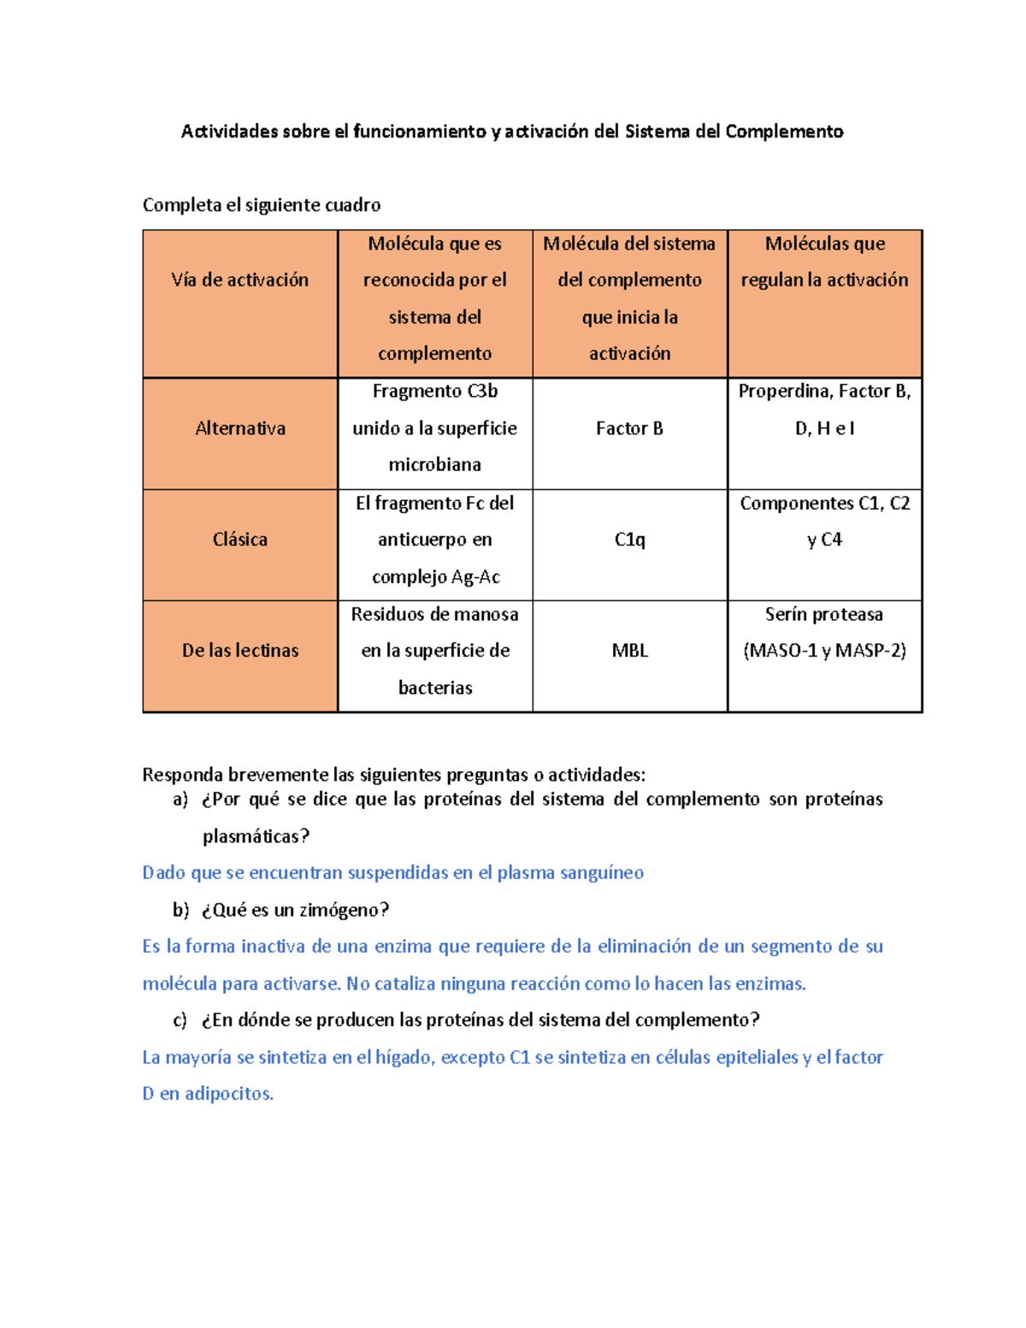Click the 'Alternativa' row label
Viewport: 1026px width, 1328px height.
[x=240, y=428]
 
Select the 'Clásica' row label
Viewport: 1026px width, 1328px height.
[x=240, y=540]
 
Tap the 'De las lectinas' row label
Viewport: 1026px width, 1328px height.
[x=240, y=651]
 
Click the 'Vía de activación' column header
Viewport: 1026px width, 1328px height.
[x=240, y=280]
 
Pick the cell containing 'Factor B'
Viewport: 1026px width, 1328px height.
[x=630, y=428]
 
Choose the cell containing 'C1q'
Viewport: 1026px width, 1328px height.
[x=630, y=540]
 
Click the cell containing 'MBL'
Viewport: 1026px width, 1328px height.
[x=630, y=651]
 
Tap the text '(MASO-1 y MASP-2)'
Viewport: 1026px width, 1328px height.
[x=825, y=651]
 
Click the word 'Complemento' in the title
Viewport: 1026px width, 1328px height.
[x=784, y=131]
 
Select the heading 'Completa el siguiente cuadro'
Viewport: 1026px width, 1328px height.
[x=262, y=205]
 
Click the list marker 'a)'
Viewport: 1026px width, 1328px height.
[x=180, y=800]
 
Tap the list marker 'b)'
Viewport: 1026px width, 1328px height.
[x=180, y=910]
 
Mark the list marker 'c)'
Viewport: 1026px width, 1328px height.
[x=180, y=1020]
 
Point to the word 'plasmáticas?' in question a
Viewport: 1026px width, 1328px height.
[x=256, y=836]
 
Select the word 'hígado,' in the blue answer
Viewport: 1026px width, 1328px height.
[x=405, y=1057]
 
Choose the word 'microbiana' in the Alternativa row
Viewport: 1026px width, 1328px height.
[x=435, y=464]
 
